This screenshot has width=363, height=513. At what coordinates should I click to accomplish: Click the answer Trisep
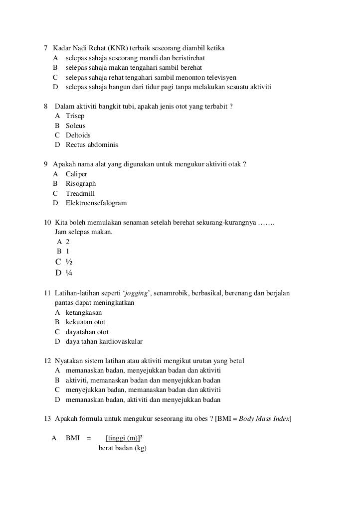[x=75, y=116]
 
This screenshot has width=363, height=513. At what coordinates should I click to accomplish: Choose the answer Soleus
[x=76, y=126]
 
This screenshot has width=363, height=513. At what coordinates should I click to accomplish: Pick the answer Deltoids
[x=78, y=135]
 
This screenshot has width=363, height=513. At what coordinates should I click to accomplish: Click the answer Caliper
[x=76, y=174]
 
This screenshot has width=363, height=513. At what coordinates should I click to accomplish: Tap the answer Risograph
[x=81, y=183]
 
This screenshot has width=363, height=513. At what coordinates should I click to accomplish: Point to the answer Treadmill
[x=80, y=193]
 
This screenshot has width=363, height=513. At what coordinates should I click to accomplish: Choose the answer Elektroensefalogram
[x=96, y=203]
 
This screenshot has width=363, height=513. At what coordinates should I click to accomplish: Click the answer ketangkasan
[x=84, y=312]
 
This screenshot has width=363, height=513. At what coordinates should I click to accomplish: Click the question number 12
[x=48, y=361]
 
